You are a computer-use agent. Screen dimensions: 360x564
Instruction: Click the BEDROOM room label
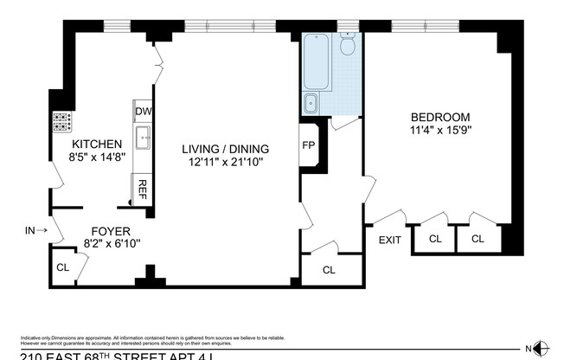(440, 118)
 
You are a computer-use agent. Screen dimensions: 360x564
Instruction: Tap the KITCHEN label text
(97, 144)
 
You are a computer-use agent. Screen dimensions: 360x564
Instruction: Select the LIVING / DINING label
(225, 148)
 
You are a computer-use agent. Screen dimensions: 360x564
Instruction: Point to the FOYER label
(111, 231)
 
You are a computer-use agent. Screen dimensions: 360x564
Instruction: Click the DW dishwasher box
(144, 112)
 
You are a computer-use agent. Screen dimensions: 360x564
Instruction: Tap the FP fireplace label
(308, 145)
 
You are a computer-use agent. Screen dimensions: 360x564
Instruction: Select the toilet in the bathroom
(348, 45)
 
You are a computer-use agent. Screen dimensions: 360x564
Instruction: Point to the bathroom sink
(311, 105)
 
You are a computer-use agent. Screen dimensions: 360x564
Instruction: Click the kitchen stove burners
(62, 121)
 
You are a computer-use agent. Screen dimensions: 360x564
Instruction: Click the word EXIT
(389, 240)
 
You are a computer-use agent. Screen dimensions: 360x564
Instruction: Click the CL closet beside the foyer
(63, 267)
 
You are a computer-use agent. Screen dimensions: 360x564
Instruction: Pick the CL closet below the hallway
(329, 270)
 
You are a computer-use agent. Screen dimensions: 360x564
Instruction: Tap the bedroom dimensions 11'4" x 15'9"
(440, 131)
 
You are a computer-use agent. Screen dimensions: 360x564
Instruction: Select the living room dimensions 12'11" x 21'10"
(225, 161)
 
